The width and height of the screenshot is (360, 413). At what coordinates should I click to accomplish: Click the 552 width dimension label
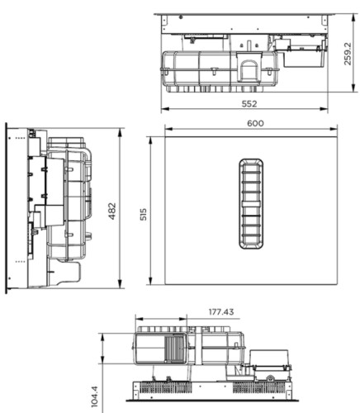[249, 103]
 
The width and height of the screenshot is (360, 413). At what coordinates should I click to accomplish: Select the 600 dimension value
[254, 123]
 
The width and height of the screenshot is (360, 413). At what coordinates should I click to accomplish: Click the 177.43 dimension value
[221, 313]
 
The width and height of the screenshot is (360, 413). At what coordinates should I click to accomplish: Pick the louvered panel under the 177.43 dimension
[175, 349]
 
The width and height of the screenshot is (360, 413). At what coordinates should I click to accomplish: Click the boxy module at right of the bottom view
[268, 361]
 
